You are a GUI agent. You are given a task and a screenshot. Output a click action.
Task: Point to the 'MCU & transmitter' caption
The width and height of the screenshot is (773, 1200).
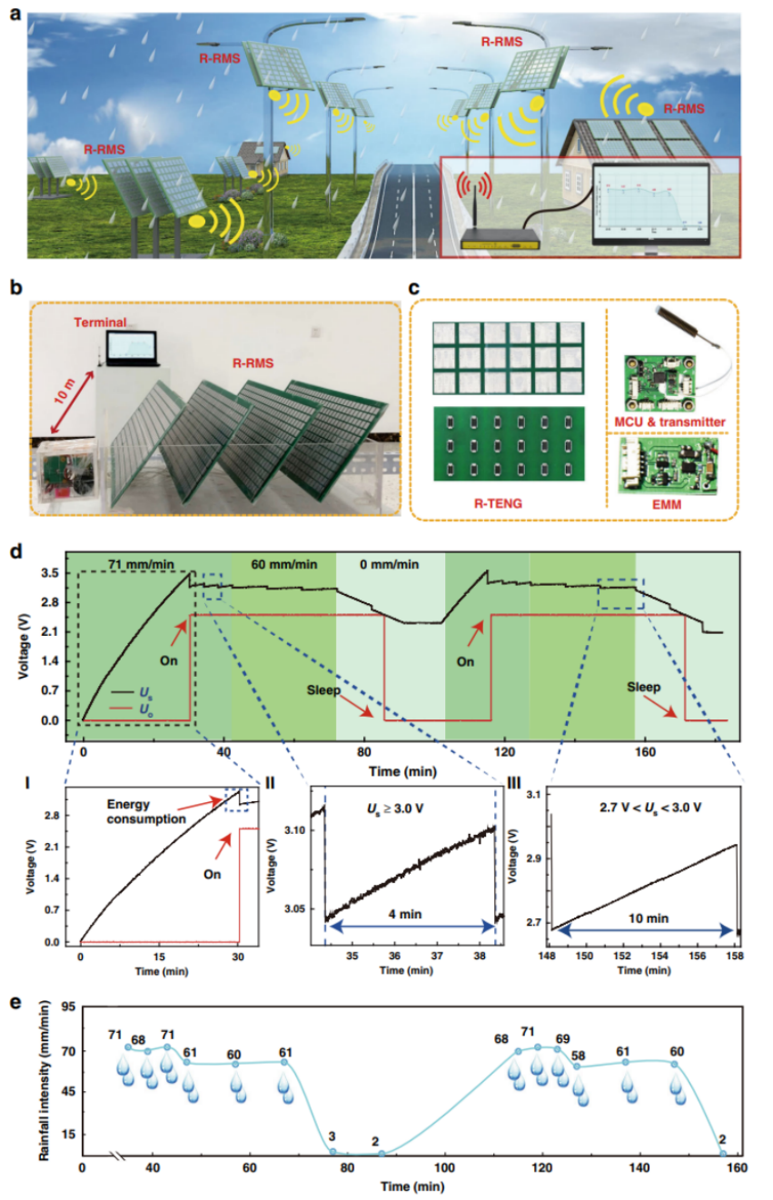click(673, 422)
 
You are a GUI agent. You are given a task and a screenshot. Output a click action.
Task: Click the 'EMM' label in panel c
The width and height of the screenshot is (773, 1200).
click(672, 497)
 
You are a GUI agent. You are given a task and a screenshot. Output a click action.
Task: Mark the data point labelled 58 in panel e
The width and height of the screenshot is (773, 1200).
click(577, 1066)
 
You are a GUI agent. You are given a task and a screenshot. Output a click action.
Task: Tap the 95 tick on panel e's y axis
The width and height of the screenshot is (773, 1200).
click(65, 1007)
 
